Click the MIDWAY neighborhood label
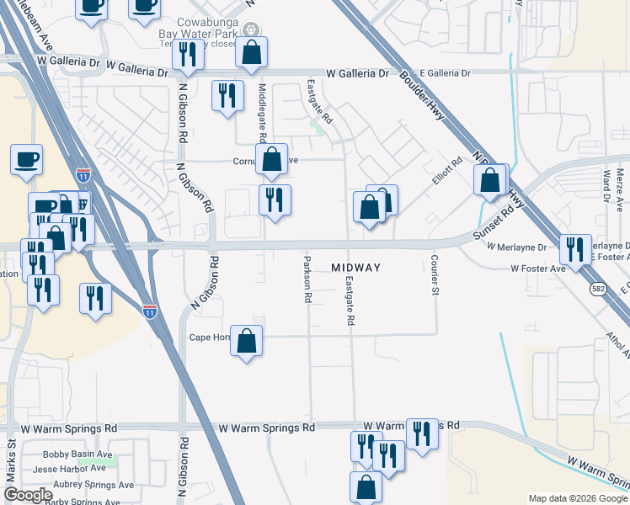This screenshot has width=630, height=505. point(355,268)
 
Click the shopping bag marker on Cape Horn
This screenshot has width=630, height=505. point(246,341)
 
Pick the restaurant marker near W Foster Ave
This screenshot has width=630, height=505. point(575,249)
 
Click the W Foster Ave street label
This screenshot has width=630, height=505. point(537,268)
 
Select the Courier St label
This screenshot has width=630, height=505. point(435,278)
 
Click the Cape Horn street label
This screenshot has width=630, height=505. point(208,338)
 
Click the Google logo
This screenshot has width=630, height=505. point(28,495)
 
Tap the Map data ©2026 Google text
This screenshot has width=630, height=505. point(578,498)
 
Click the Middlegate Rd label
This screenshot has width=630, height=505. point(263,114)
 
